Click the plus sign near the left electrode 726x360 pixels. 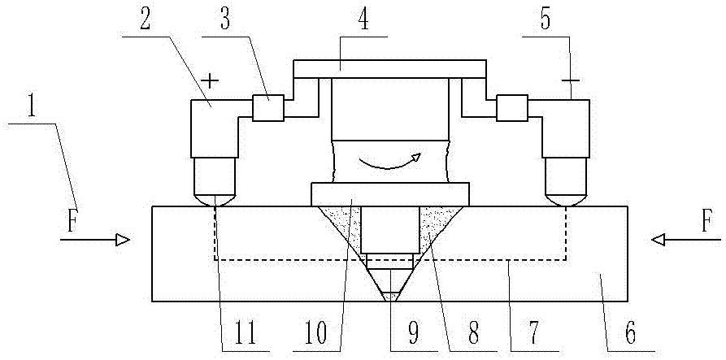pyautogui.click(x=211, y=80)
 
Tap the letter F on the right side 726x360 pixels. pyautogui.click(x=706, y=221)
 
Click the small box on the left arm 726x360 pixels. pyautogui.click(x=267, y=108)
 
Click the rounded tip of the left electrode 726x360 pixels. pyautogui.click(x=214, y=198)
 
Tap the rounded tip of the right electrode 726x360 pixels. pyautogui.click(x=567, y=198)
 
